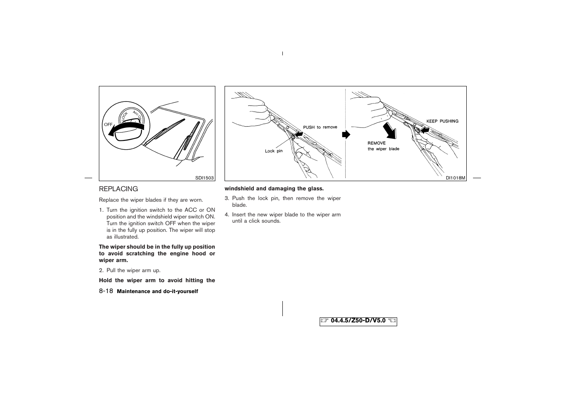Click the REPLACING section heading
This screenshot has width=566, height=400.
pyautogui.click(x=118, y=189)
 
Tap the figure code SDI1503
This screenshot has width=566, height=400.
pyautogui.click(x=204, y=178)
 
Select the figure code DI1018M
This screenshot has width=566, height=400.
pyautogui.click(x=455, y=178)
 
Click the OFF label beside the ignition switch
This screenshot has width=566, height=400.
pyautogui.click(x=108, y=125)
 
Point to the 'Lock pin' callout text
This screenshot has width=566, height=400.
pyautogui.click(x=274, y=151)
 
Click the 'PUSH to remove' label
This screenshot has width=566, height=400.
pyautogui.click(x=320, y=127)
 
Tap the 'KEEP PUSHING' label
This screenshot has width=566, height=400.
pyautogui.click(x=442, y=121)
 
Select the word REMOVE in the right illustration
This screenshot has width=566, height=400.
pyautogui.click(x=377, y=143)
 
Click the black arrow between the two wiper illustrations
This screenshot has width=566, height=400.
pyautogui.click(x=346, y=135)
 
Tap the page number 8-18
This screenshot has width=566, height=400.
pyautogui.click(x=106, y=291)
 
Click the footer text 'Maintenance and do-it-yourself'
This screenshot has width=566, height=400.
pyautogui.click(x=157, y=291)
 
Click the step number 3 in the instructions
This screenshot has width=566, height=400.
pyautogui.click(x=226, y=198)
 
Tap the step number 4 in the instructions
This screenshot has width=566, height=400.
pyautogui.click(x=226, y=215)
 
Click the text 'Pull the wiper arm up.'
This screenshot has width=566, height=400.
pyautogui.click(x=133, y=270)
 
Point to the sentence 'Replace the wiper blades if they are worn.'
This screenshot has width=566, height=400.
pyautogui.click(x=151, y=200)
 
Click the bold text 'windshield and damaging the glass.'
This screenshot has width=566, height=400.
pyautogui.click(x=274, y=189)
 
